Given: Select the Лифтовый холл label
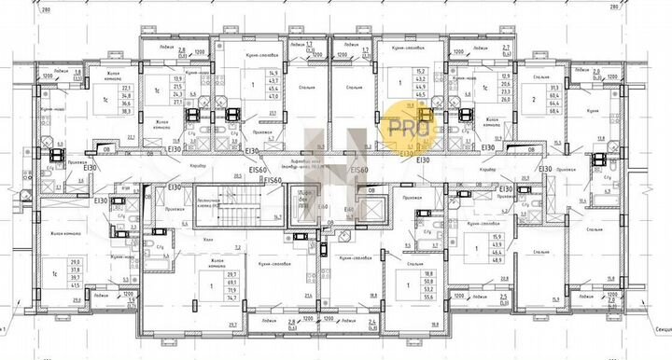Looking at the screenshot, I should (x=324, y=161).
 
